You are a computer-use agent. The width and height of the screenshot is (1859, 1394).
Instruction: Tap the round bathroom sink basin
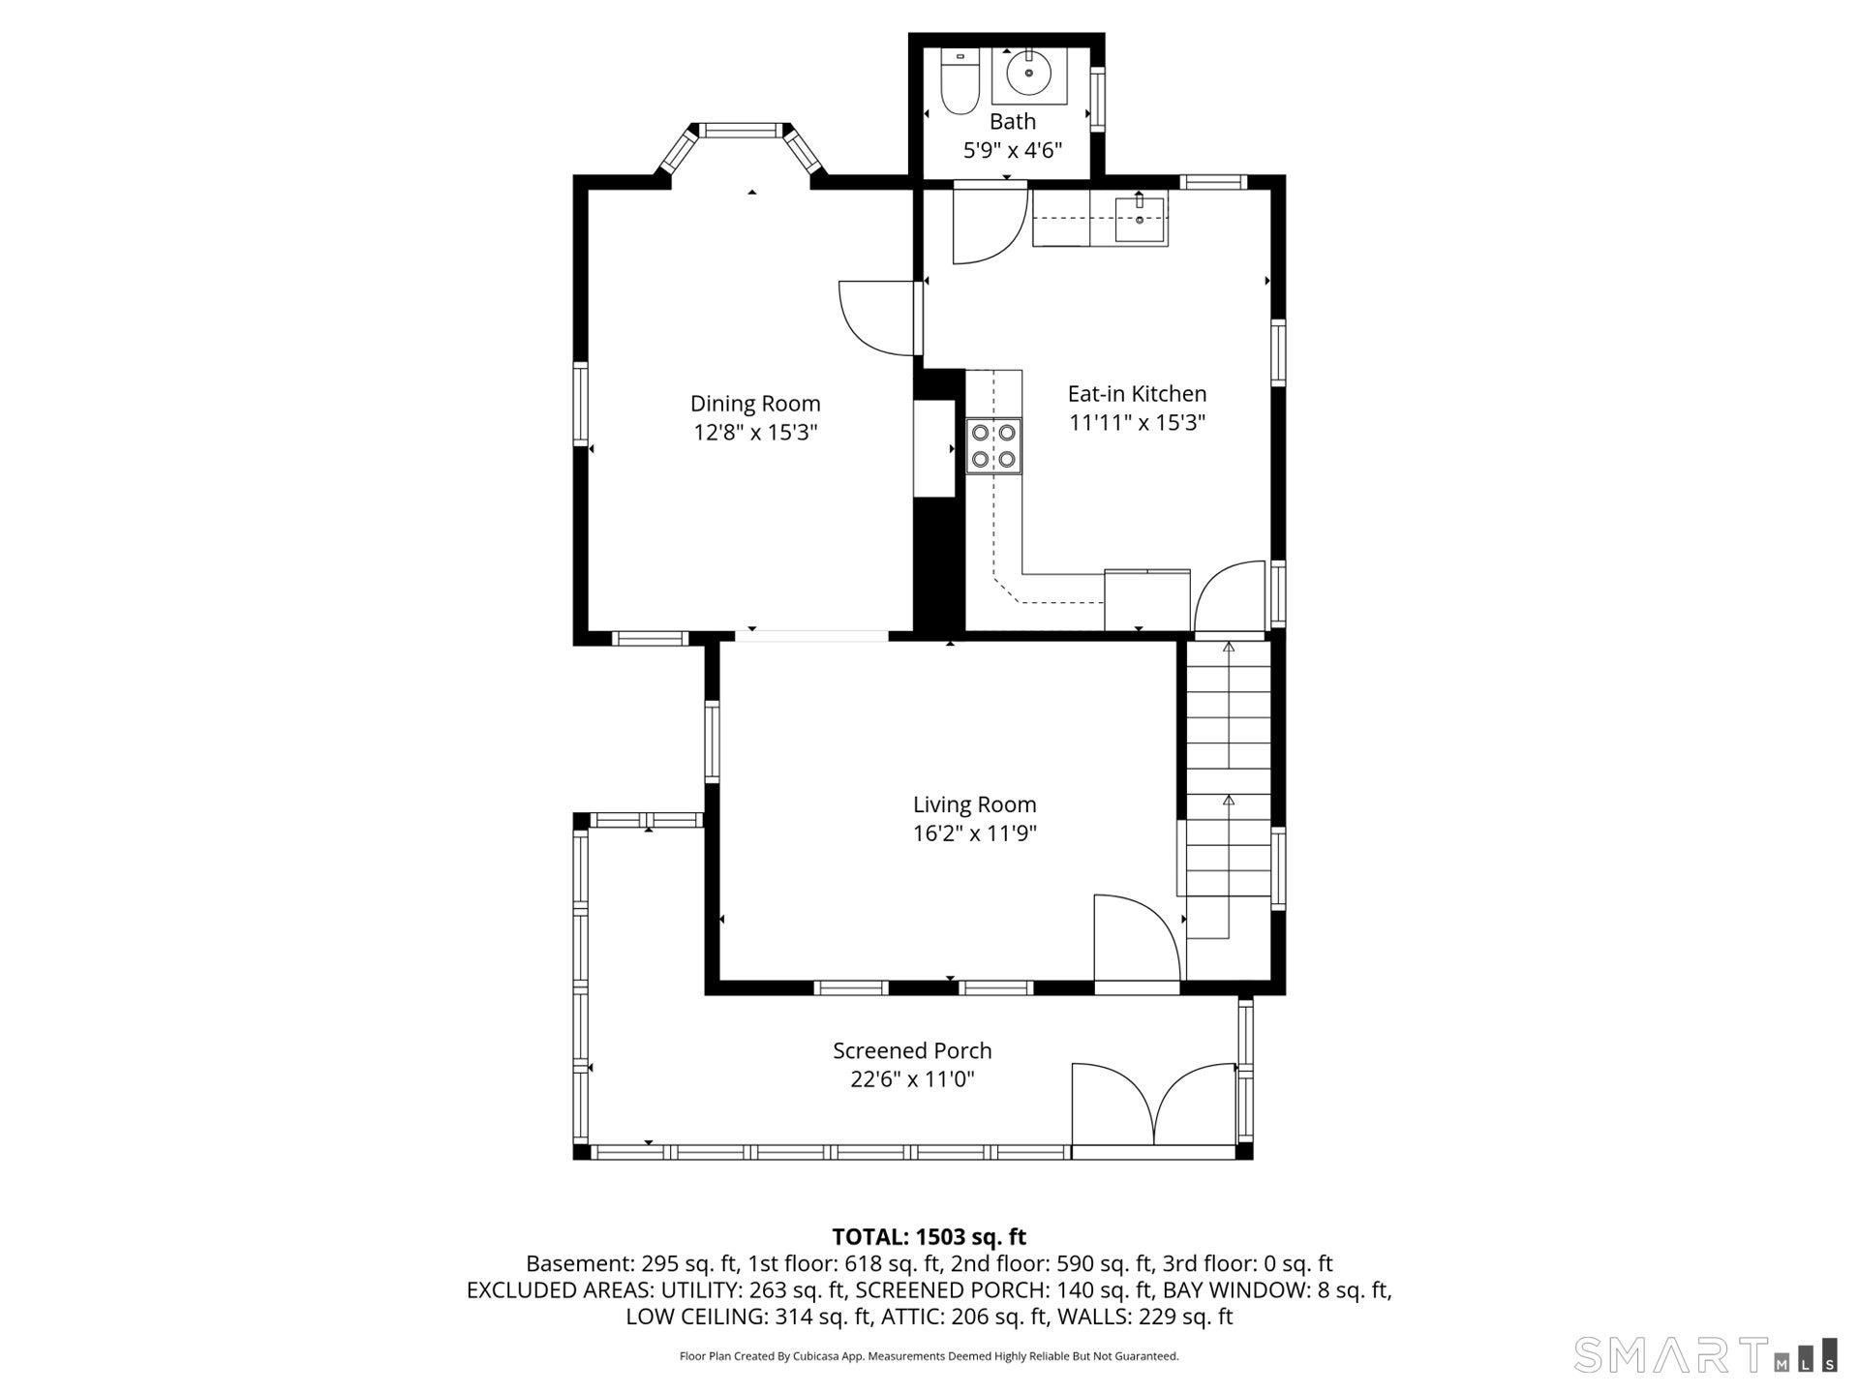click(1028, 72)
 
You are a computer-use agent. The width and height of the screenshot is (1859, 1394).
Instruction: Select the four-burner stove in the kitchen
click(994, 445)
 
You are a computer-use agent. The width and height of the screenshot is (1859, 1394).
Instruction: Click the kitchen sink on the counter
click(1141, 217)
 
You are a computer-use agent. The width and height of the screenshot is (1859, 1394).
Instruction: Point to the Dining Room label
click(754, 404)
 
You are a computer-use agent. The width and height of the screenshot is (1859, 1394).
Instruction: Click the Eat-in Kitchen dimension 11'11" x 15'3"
click(1137, 423)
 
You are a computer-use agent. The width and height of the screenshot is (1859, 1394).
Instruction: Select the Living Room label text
click(974, 804)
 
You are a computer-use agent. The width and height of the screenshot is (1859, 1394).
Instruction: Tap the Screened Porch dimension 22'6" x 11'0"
click(912, 1079)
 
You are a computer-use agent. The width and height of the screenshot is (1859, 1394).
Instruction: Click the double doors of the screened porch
click(1154, 1108)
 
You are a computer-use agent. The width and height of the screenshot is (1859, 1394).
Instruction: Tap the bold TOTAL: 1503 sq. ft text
click(929, 1237)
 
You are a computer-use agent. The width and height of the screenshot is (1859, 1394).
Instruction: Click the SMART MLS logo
click(1704, 1354)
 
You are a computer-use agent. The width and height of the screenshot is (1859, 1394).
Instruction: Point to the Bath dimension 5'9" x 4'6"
click(1012, 151)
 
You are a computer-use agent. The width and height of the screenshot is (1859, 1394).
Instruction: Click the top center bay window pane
click(743, 130)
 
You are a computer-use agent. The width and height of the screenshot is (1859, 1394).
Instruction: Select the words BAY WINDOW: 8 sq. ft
click(1276, 1290)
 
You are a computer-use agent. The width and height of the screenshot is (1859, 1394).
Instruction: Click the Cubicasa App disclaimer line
click(929, 1356)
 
